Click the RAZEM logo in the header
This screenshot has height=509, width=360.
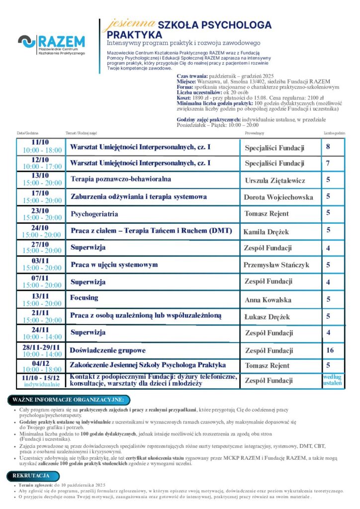tap(51, 45)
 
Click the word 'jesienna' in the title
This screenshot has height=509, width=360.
tap(123, 24)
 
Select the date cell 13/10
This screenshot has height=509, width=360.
tap(40, 179)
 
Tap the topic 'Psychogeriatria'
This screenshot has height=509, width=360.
tap(94, 214)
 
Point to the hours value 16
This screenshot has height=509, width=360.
tap(330, 350)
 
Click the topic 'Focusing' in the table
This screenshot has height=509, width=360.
tap(84, 298)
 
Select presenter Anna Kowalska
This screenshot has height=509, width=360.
tap(268, 300)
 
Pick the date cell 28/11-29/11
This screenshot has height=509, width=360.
tap(40, 350)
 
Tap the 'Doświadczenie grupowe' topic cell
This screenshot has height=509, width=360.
tap(107, 350)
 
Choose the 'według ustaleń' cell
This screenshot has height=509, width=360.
tap(332, 380)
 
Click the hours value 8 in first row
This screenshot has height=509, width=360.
tap(328, 147)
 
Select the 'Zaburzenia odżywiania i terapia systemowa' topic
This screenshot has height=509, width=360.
tap(139, 197)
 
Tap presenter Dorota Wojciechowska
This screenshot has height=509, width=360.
tap(278, 197)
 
